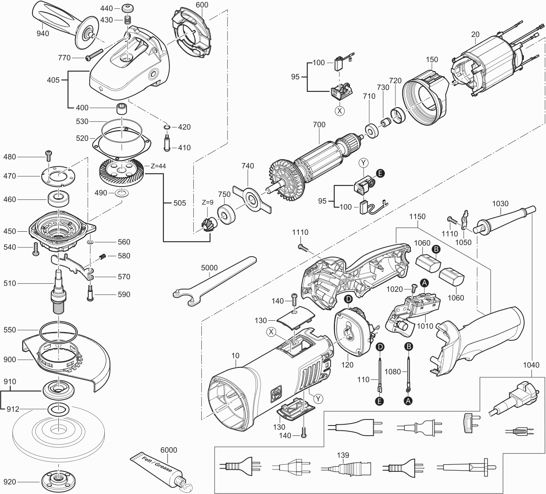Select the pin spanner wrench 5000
point(213,278)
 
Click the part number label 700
point(319,125)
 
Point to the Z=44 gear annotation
point(157,166)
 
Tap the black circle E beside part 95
point(380,174)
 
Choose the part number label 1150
point(417,216)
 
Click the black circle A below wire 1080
point(408,401)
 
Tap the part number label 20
point(475,34)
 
